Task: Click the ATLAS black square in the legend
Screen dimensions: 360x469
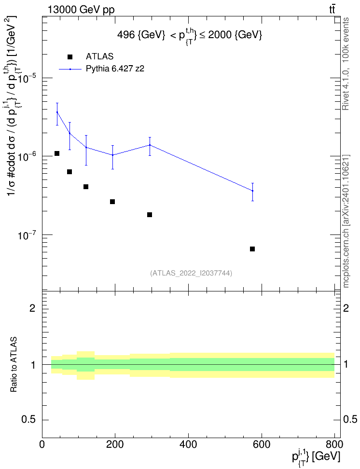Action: click(x=69, y=57)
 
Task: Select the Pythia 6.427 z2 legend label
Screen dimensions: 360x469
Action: click(x=115, y=69)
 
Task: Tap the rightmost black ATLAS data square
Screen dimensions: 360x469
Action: click(x=252, y=249)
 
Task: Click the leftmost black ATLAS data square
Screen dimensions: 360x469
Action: click(x=57, y=153)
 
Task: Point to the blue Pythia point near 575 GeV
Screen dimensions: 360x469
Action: click(x=252, y=191)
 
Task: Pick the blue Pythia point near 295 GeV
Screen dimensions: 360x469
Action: click(x=150, y=145)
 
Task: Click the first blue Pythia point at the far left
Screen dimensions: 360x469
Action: click(x=57, y=112)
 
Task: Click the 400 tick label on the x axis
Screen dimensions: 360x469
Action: click(x=188, y=444)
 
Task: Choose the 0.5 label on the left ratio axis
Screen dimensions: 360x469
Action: click(x=28, y=420)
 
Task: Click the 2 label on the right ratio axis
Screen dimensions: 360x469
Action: click(x=346, y=308)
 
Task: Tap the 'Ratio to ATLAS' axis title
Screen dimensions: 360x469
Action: click(x=14, y=364)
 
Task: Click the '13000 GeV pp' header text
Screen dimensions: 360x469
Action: click(x=81, y=10)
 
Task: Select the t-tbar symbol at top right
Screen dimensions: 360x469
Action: click(x=332, y=9)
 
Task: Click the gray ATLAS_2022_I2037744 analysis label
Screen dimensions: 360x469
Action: click(x=191, y=273)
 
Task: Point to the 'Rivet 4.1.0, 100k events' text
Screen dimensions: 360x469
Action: click(x=346, y=64)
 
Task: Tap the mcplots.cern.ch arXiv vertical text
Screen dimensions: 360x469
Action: click(x=346, y=221)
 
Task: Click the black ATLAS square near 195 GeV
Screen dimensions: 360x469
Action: click(x=112, y=202)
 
